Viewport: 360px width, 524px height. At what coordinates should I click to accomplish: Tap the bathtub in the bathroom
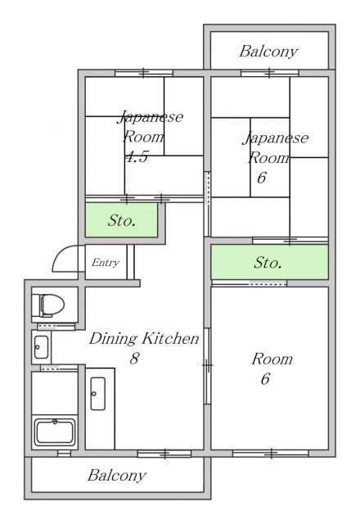pos(55,432)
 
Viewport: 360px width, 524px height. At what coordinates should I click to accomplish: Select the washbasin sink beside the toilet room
pos(42,347)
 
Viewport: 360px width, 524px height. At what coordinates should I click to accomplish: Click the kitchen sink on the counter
pos(98,394)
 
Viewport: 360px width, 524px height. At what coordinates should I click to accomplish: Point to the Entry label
pos(106,263)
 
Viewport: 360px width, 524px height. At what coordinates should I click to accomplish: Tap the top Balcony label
pos(268,52)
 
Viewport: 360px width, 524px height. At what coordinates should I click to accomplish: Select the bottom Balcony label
pos(117,476)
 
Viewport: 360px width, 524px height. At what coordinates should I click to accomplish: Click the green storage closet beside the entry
pos(122,220)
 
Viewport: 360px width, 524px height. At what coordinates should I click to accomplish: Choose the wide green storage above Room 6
pos(269,262)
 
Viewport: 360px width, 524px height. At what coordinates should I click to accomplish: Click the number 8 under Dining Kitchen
pos(134,359)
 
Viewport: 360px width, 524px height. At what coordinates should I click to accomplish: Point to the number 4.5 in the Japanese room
pos(137,156)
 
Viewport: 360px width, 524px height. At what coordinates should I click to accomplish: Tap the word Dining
pos(113,339)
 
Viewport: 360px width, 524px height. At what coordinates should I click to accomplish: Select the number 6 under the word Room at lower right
pos(265,379)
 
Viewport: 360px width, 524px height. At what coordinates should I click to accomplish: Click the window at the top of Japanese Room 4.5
pos(144,73)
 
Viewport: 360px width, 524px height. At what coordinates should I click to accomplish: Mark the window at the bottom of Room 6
pos(271,453)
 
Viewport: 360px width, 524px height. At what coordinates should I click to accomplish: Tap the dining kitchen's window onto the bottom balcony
pos(164,454)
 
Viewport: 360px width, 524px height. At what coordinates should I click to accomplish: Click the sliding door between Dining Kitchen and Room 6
pos(207,366)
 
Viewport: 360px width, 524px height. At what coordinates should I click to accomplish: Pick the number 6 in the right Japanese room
pos(262,178)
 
